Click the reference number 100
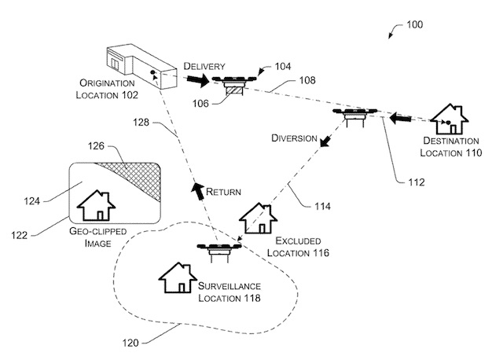coord(415,24)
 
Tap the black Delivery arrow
coord(198,80)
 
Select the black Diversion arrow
coord(325,141)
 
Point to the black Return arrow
coord(198,189)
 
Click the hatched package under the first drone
coord(234,90)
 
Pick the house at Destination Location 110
coord(449,119)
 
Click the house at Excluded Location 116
coord(259,219)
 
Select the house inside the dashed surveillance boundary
coord(178,277)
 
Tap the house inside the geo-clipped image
coord(96,205)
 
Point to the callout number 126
coord(96,146)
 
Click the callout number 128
coord(141,123)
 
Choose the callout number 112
coord(417,182)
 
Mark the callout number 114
coord(322,206)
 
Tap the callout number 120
coord(130,343)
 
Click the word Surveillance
coord(229,286)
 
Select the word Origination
coord(107,83)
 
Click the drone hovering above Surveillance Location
coord(219,251)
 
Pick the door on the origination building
coord(114,64)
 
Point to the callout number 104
coord(283,66)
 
